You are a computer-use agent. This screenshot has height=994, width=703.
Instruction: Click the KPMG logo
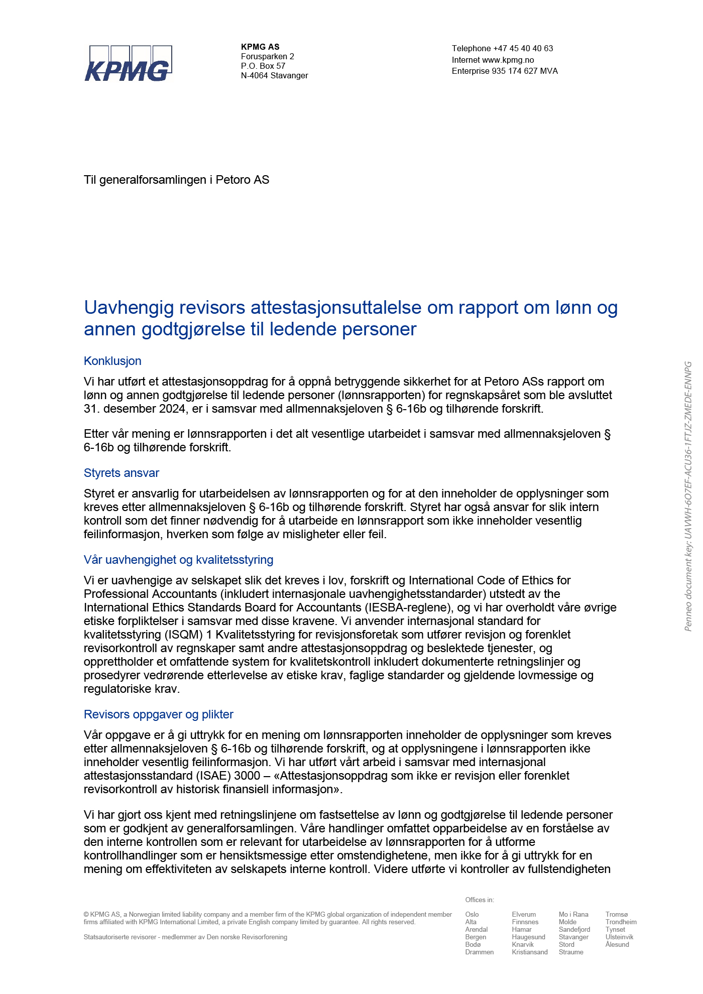click(128, 63)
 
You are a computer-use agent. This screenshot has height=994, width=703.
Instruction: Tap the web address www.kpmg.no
click(508, 60)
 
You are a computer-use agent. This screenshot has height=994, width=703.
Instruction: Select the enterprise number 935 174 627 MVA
click(525, 71)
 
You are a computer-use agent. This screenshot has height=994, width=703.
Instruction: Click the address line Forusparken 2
click(267, 57)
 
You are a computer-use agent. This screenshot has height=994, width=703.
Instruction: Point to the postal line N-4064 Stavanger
click(274, 76)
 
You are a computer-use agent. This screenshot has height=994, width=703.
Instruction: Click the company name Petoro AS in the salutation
click(242, 180)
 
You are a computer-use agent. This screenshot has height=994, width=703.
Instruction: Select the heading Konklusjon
click(112, 361)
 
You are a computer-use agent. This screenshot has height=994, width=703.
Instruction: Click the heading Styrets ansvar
click(122, 473)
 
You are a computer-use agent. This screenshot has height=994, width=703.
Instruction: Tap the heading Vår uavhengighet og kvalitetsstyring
click(178, 560)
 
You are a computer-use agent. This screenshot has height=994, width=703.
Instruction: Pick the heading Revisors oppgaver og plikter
click(158, 714)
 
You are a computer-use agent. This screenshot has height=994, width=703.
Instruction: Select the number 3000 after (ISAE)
click(247, 776)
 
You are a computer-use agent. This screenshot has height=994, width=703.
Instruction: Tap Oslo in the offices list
click(472, 915)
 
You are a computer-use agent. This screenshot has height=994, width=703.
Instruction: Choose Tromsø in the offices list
click(616, 915)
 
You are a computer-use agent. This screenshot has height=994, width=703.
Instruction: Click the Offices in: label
click(479, 900)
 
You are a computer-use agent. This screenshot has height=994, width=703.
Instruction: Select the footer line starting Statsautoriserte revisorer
click(185, 937)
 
